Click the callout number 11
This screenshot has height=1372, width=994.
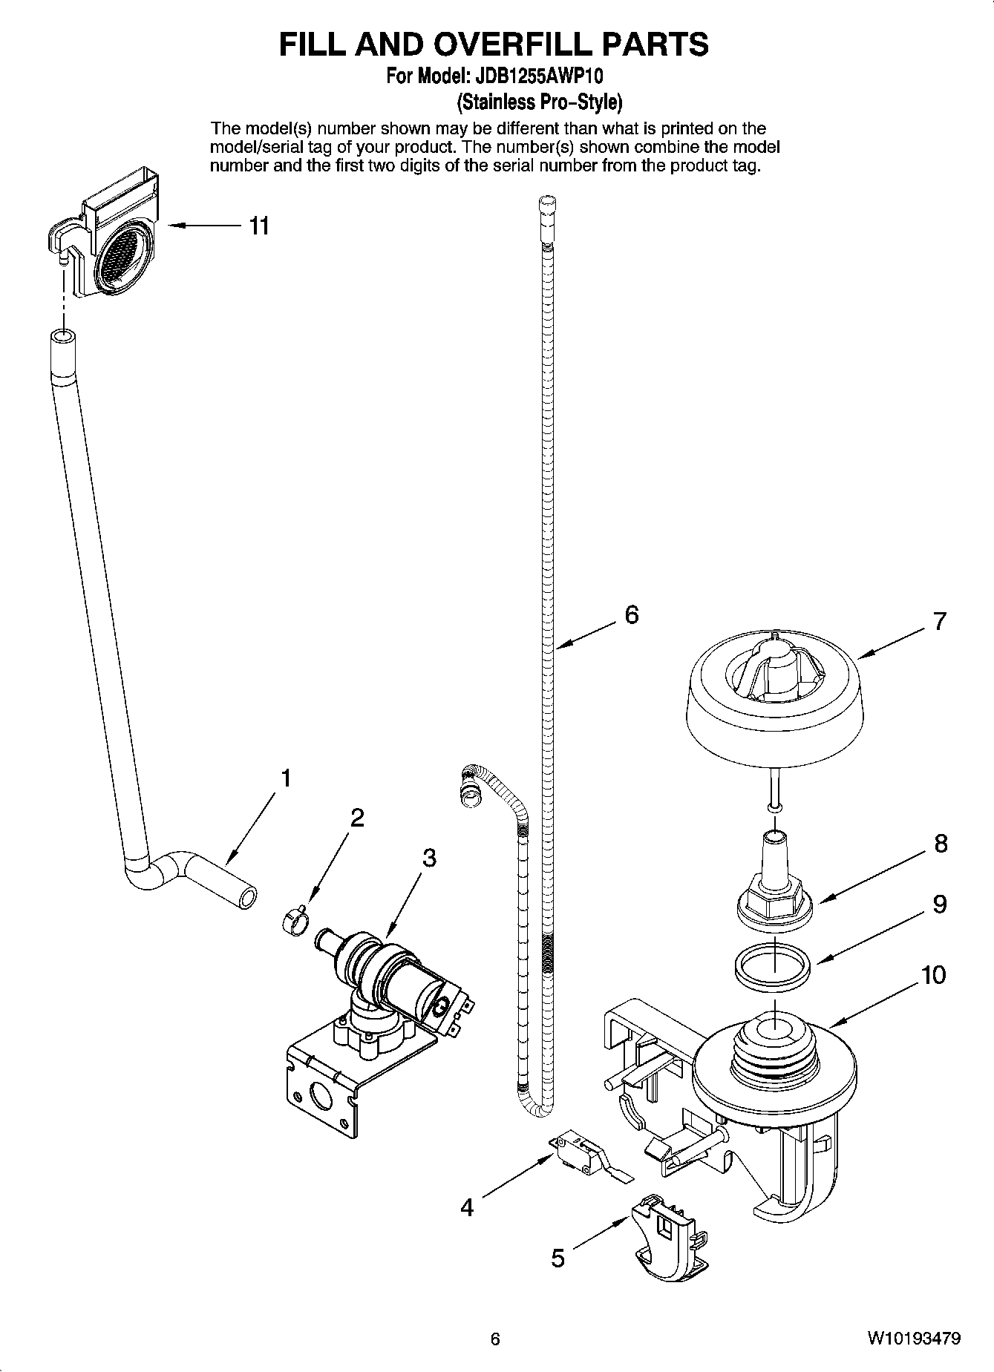tap(258, 226)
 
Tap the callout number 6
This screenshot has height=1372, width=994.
tap(631, 614)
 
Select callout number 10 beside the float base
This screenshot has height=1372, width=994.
tap(933, 974)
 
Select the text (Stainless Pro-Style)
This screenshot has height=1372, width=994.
tap(539, 101)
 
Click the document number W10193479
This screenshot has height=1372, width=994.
tap(913, 1339)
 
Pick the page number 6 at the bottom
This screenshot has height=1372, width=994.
tap(495, 1339)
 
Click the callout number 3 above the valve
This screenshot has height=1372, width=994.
tap(429, 858)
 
